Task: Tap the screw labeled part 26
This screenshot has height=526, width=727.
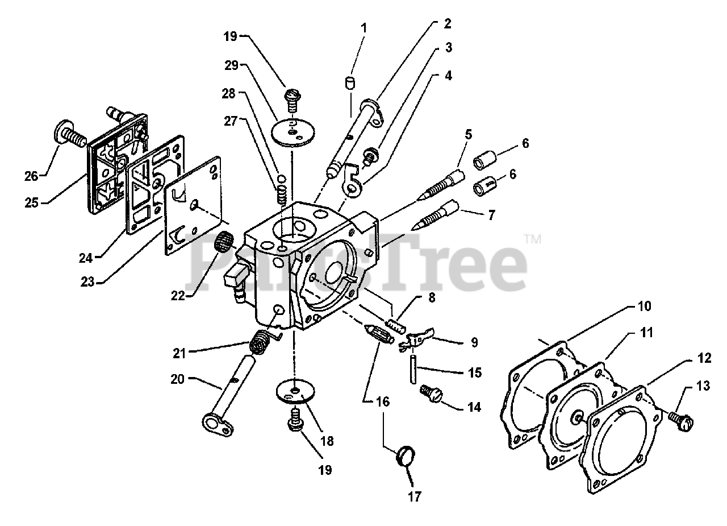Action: point(68,134)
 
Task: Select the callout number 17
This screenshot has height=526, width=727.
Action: point(415,496)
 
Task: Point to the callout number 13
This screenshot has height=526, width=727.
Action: point(703,387)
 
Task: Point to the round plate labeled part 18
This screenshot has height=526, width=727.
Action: point(295,391)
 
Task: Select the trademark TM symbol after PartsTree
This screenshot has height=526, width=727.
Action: point(532,241)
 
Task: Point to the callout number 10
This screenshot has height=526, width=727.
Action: point(644,306)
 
